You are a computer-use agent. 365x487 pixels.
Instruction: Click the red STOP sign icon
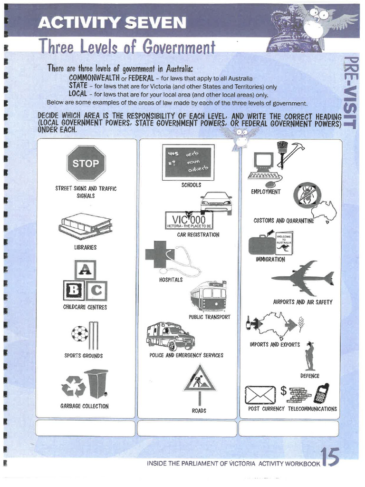tap(86, 164)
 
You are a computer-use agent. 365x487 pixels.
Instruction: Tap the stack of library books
tap(85, 226)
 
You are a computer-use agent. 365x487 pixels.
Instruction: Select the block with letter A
tap(85, 270)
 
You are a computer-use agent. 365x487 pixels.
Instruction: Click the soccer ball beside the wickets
tap(79, 333)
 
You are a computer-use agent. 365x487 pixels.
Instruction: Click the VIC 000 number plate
tap(189, 221)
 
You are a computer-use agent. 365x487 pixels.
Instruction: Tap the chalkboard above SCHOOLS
tap(188, 162)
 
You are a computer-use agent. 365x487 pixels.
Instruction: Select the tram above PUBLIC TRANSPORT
tap(208, 296)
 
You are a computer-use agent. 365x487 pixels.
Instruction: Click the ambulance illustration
tap(170, 336)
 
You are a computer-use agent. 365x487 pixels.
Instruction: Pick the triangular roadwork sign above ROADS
tap(200, 379)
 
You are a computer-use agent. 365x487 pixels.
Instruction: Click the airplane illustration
tap(303, 278)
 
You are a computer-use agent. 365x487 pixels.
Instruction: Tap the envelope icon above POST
tap(260, 393)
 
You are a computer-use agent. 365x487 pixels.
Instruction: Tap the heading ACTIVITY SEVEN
tap(112, 22)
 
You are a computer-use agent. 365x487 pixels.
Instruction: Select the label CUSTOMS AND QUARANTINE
tap(284, 221)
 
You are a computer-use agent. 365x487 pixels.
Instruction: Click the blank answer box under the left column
tap(86, 428)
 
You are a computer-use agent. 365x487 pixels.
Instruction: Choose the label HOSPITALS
tap(171, 280)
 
